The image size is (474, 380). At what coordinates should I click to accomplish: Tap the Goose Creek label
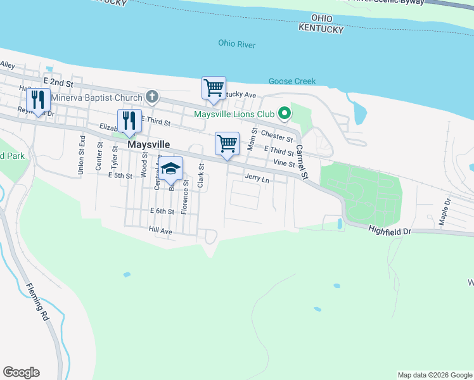(292, 81)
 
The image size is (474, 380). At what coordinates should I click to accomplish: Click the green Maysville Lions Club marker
(285, 114)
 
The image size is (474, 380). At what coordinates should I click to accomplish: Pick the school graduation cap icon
(170, 168)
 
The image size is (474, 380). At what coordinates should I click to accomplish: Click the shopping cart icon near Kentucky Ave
(214, 87)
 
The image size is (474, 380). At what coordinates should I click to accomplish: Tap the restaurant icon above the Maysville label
(129, 120)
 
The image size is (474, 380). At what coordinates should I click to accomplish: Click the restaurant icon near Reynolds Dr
(38, 99)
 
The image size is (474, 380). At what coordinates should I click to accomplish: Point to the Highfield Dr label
(390, 232)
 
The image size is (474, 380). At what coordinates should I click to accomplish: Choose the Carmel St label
(302, 162)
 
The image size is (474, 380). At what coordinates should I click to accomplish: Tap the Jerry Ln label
(257, 179)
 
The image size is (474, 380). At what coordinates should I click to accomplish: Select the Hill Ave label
(160, 231)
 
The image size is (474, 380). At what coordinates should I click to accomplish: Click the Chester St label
(277, 136)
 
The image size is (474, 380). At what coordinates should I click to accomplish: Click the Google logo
(21, 372)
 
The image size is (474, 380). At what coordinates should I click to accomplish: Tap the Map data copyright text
(434, 375)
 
